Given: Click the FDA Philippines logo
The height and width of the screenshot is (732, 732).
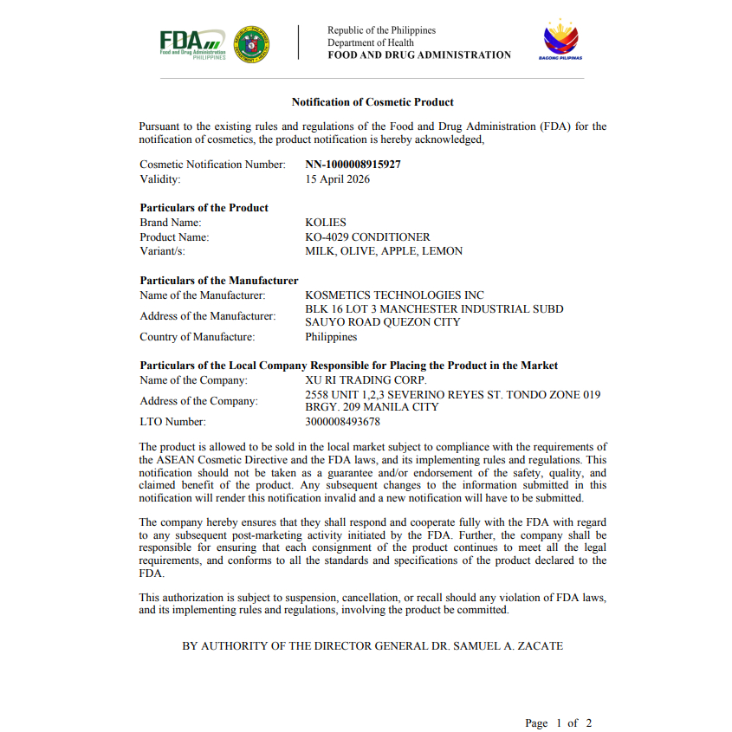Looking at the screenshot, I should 192,43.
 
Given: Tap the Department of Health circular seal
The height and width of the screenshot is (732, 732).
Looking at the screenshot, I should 252,43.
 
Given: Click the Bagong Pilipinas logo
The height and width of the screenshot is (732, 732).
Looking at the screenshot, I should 561,40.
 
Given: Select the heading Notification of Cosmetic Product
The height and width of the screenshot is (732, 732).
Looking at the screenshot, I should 372,102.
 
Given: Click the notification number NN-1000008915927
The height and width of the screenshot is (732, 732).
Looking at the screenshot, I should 353,164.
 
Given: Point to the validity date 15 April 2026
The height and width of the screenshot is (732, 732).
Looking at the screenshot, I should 338,179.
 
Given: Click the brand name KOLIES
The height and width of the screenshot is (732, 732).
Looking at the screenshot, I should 326,223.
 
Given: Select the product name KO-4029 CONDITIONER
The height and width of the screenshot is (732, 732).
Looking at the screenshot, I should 367,236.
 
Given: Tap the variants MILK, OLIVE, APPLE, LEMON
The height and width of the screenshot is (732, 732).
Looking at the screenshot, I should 384,251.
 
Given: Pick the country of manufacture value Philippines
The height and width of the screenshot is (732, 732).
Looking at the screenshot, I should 331,337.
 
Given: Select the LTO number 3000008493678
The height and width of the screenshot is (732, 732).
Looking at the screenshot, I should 342,422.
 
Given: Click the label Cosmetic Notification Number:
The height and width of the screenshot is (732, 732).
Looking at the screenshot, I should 212,164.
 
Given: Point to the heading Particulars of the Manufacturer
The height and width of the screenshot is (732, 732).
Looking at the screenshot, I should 219,281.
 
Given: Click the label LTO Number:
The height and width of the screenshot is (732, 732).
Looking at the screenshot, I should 172,422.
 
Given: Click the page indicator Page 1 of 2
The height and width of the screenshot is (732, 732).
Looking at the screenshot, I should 558,722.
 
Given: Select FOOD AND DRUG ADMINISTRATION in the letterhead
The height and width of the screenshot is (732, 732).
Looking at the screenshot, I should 419,55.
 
